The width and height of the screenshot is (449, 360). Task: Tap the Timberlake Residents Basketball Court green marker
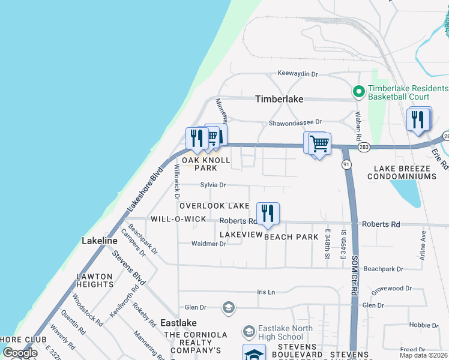click(359, 92)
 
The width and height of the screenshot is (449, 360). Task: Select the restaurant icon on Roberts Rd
click(268, 214)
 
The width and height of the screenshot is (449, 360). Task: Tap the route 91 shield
click(346, 164)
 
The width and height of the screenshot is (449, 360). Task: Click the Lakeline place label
click(100, 241)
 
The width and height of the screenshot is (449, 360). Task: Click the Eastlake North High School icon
click(249, 331)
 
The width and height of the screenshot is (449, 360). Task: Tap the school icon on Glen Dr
click(228, 308)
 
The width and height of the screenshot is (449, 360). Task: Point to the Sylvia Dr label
click(213, 185)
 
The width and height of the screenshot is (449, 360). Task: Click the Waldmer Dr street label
click(208, 244)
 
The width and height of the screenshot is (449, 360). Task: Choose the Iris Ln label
click(265, 292)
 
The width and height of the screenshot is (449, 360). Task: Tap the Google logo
click(20, 353)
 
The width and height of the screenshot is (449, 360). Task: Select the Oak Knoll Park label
click(206, 164)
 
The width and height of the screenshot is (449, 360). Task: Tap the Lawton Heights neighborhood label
click(95, 280)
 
